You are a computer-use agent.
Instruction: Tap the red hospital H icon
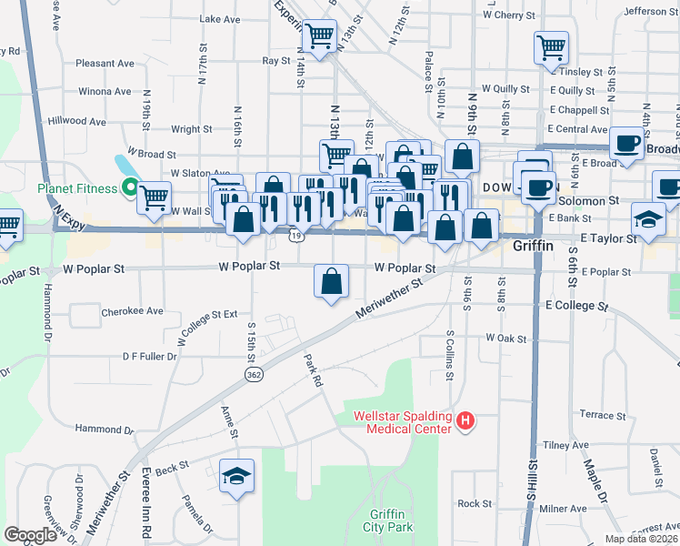pyautogui.click(x=465, y=420)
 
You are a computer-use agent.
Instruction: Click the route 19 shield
pyautogui.click(x=296, y=236)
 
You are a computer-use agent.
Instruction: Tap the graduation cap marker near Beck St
pyautogui.click(x=236, y=476)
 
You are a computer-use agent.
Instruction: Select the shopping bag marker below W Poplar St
pyautogui.click(x=332, y=280)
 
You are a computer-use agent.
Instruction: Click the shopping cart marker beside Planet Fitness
pyautogui.click(x=155, y=195)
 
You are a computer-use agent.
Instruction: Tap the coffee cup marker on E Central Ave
pyautogui.click(x=626, y=143)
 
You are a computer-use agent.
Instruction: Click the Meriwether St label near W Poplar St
pyautogui.click(x=391, y=298)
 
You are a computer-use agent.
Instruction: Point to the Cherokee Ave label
pyautogui.click(x=132, y=310)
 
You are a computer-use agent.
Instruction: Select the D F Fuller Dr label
pyautogui.click(x=149, y=357)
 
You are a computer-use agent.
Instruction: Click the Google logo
pyautogui.click(x=30, y=535)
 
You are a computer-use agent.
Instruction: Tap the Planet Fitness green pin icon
pyautogui.click(x=130, y=188)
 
